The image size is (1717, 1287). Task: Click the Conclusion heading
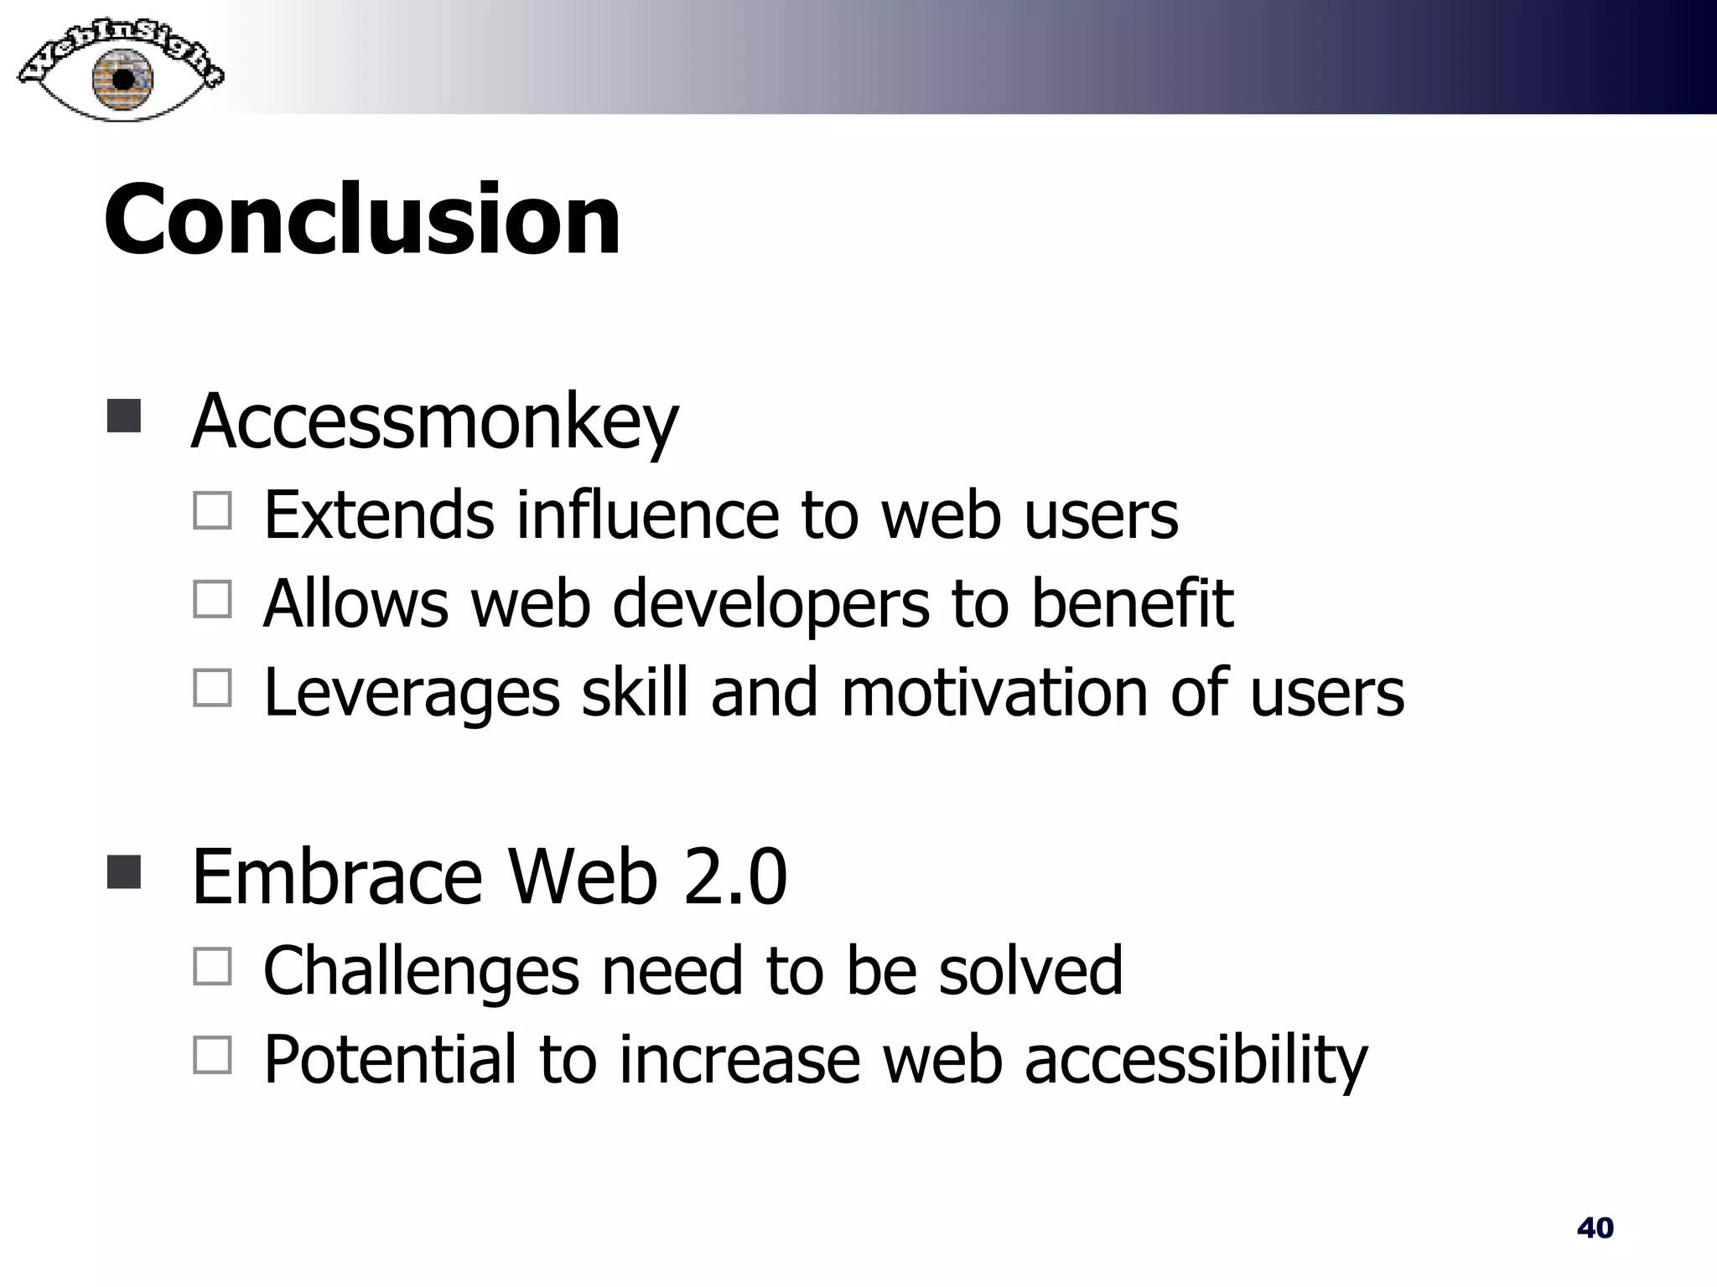click(x=362, y=220)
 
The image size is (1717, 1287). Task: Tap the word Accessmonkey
click(x=434, y=421)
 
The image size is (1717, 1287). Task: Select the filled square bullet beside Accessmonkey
click(x=124, y=416)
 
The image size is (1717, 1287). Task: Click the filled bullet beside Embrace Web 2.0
click(x=124, y=871)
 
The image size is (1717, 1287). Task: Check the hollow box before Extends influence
click(x=212, y=510)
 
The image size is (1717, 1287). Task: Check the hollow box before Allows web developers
click(x=212, y=599)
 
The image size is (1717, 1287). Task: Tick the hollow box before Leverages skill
click(x=212, y=688)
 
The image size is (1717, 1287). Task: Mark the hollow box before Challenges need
click(x=212, y=966)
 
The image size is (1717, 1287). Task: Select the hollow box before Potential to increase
click(x=212, y=1055)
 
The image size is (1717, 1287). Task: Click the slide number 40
click(x=1595, y=1228)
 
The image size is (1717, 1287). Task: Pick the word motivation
click(x=994, y=692)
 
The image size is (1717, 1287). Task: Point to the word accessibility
click(x=1195, y=1061)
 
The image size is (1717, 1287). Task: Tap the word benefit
click(x=1131, y=603)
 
